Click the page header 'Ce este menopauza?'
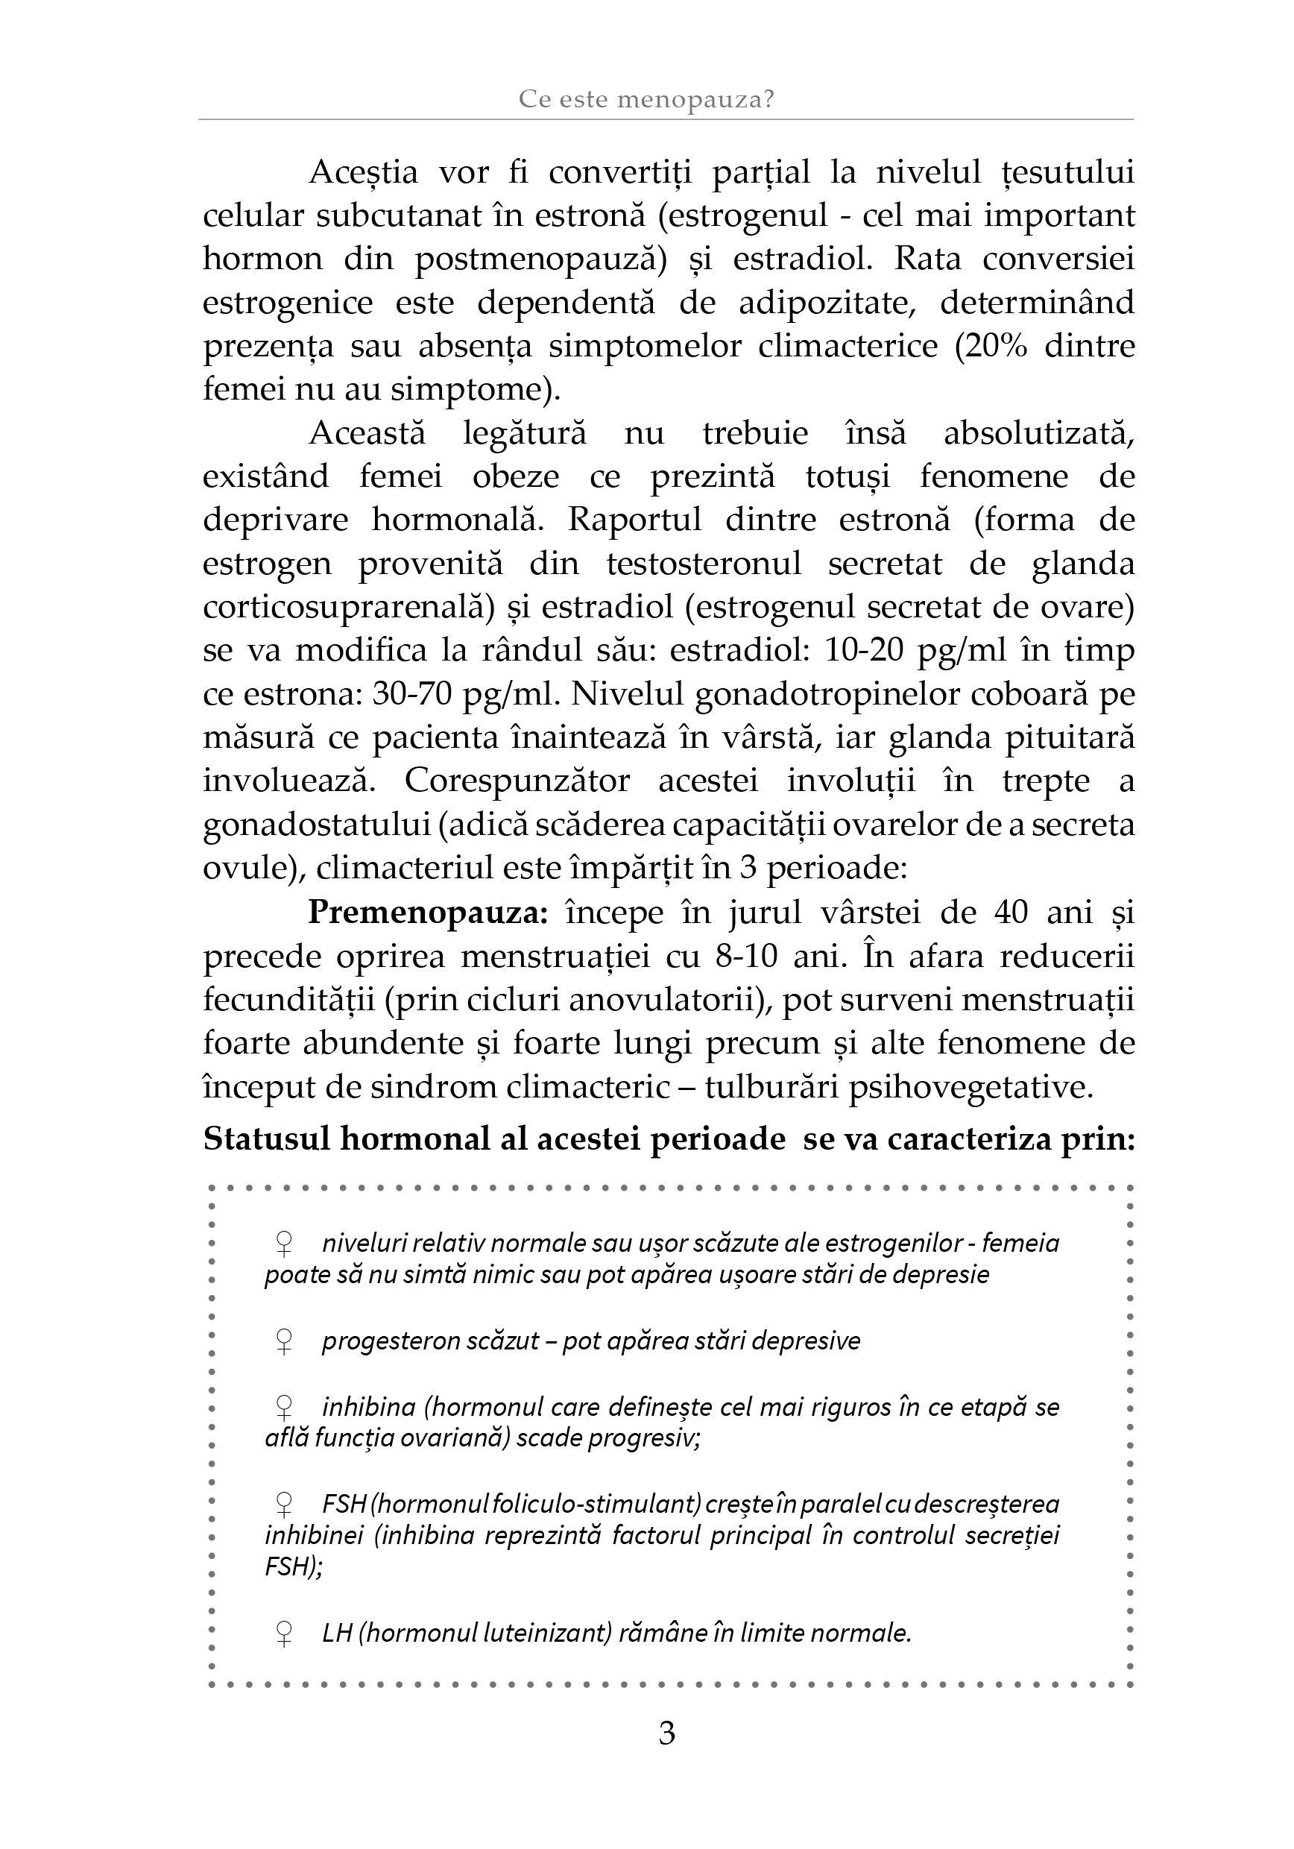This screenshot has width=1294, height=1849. [646, 99]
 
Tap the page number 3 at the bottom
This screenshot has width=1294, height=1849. [666, 1732]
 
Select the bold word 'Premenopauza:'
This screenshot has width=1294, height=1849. [428, 913]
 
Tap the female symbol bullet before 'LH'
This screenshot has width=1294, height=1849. [283, 1634]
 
